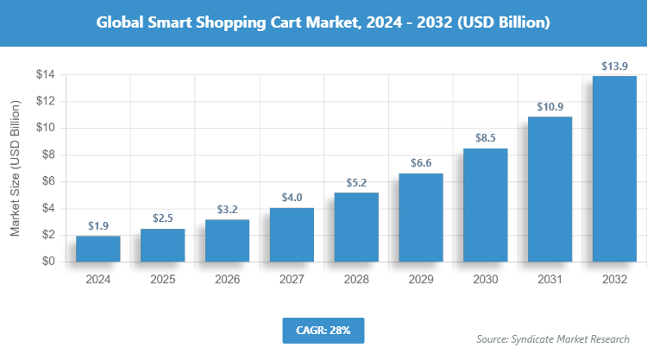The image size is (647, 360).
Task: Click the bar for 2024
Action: click(x=97, y=249)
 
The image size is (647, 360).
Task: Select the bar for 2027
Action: click(x=292, y=235)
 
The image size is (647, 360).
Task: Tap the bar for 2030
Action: click(x=486, y=205)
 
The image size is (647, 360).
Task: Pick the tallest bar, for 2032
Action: click(x=615, y=169)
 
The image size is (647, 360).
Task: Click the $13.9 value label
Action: click(x=615, y=65)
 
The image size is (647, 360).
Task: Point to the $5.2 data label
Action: click(x=356, y=182)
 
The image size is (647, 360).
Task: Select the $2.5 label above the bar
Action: click(x=162, y=218)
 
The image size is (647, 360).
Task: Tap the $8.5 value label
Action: click(x=486, y=137)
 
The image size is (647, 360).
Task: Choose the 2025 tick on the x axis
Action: click(x=162, y=280)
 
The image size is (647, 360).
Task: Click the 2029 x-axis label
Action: click(x=421, y=280)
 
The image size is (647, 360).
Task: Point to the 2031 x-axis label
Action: click(x=550, y=280)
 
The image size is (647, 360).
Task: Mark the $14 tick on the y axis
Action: click(x=45, y=75)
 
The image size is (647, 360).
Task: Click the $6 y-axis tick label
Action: click(x=48, y=181)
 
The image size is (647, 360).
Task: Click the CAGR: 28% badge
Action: click(x=323, y=330)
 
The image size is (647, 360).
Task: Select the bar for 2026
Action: click(x=227, y=241)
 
